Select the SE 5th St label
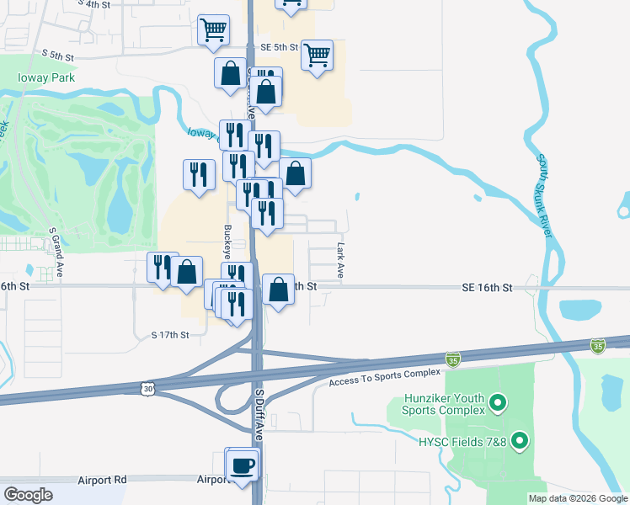pos(279,47)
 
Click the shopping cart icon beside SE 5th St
pos(317,56)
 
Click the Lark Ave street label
pos(341,261)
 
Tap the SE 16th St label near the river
pos(487,288)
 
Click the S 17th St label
pos(170,335)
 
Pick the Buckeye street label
pos(227,240)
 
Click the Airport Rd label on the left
pos(101,480)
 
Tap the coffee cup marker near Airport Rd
pos(243,465)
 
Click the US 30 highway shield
pos(148,387)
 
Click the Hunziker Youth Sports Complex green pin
pos(497,403)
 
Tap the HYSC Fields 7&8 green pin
pos(520,440)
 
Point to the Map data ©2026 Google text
pos(578,497)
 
